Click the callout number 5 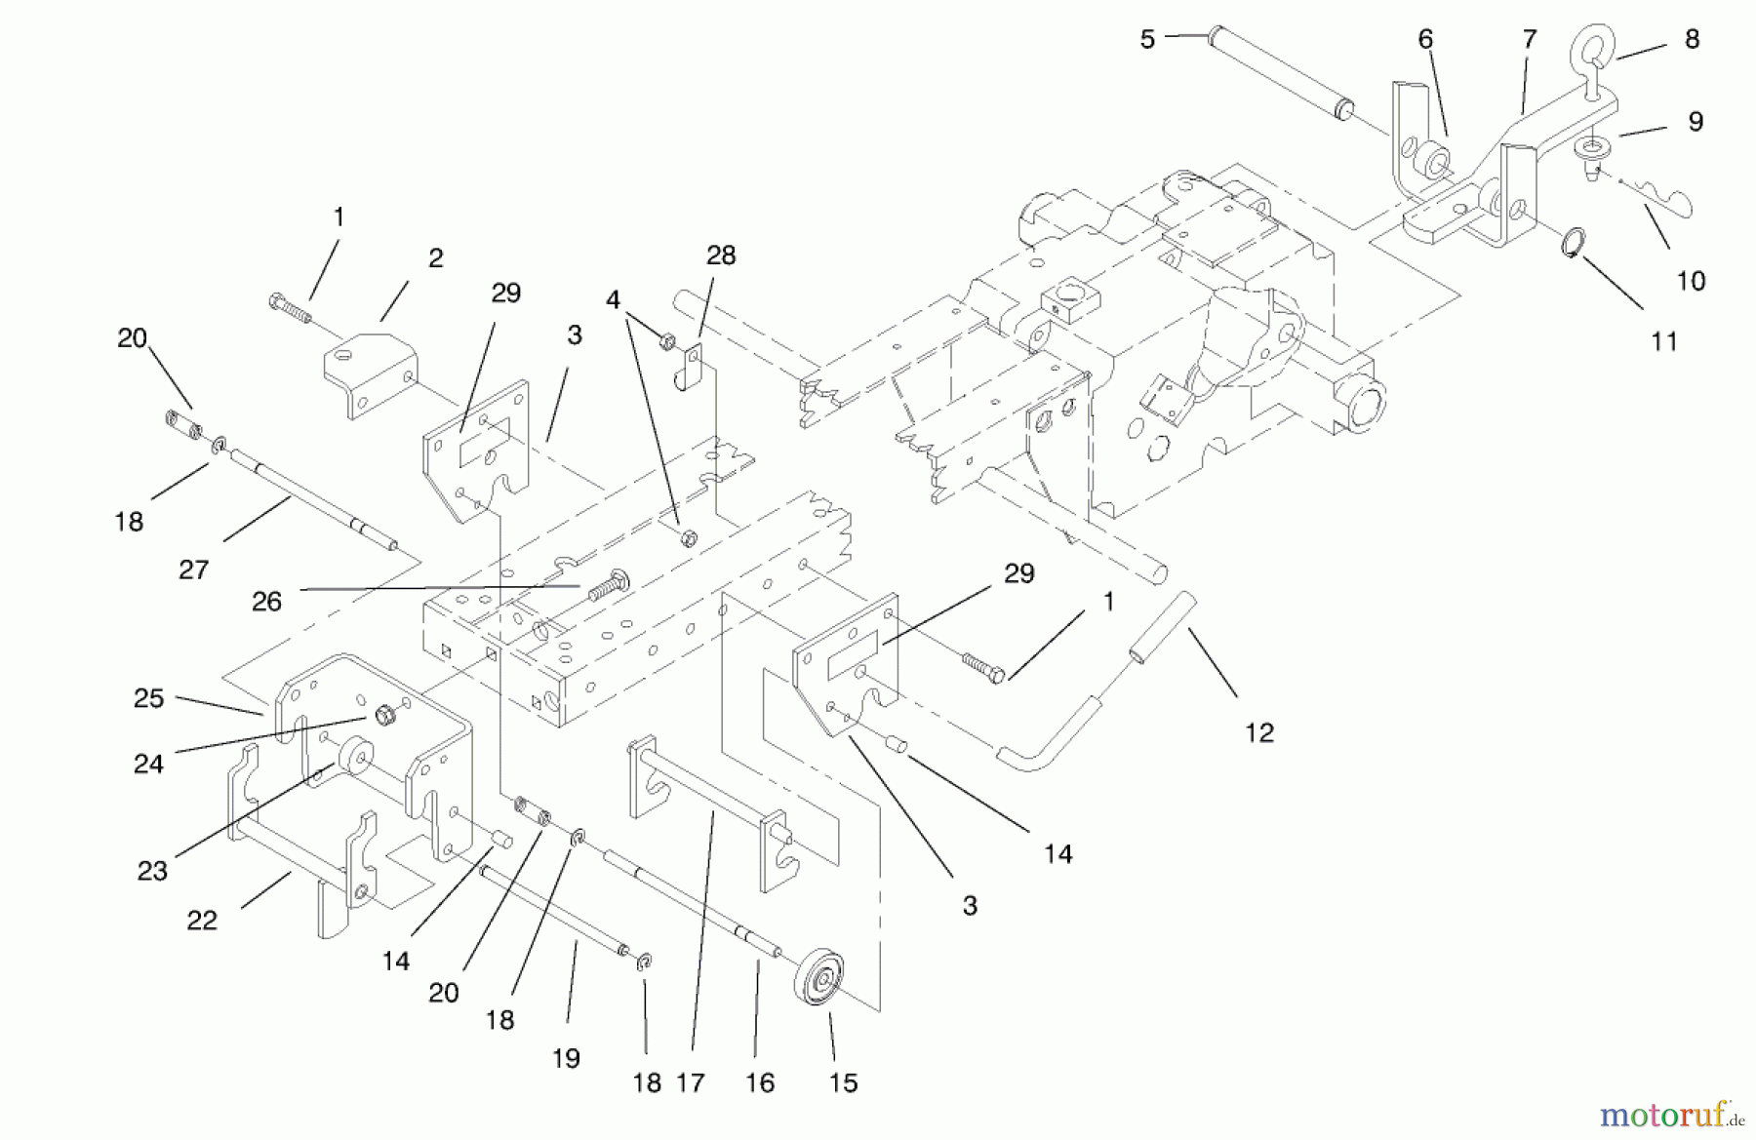click(1147, 39)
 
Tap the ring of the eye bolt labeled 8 click(1593, 45)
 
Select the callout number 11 click(1664, 341)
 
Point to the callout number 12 click(1259, 732)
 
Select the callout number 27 click(193, 570)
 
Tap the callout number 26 click(266, 601)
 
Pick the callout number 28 click(721, 256)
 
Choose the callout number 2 click(435, 257)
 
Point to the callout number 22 click(202, 920)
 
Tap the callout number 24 click(148, 764)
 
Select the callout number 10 click(1691, 281)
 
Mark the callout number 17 click(690, 1082)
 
